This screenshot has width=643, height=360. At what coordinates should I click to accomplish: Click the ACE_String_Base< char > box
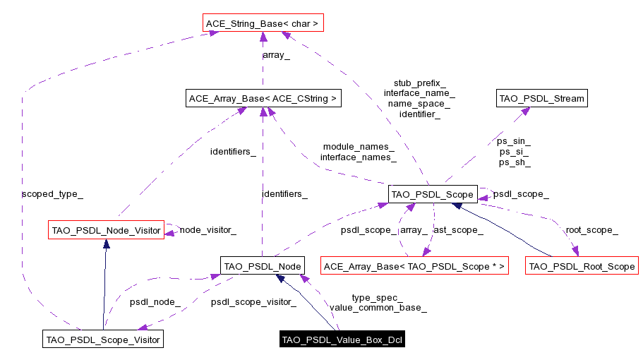tap(262, 24)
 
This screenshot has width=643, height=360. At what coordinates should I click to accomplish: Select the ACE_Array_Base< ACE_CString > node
tap(263, 99)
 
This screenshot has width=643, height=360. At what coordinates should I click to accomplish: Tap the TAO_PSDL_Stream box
tap(541, 98)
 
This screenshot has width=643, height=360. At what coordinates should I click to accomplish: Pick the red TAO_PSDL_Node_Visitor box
tap(106, 230)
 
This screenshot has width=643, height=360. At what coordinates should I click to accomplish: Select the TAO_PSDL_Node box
tap(262, 266)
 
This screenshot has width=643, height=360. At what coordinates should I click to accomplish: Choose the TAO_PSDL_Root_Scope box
tap(582, 266)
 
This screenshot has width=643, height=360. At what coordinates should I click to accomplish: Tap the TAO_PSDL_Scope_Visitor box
tap(102, 340)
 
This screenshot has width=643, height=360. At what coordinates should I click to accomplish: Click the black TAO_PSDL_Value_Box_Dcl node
tap(342, 340)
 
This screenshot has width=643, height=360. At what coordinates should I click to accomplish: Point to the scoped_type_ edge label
tap(47, 193)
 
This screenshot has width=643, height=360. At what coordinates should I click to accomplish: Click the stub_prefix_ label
tap(419, 83)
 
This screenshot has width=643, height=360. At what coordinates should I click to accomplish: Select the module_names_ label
tap(358, 146)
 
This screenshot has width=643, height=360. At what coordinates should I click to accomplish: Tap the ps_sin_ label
tap(514, 141)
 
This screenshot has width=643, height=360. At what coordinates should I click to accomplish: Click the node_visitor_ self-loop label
tap(208, 229)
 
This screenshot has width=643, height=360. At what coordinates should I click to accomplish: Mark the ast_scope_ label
tap(457, 229)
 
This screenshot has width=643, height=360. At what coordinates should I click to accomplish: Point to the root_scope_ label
tap(591, 229)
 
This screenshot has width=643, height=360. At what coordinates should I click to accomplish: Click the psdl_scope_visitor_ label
tap(253, 302)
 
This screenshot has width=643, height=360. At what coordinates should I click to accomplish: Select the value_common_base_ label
tap(378, 308)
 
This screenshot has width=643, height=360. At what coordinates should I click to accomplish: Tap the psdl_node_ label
tap(155, 302)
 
